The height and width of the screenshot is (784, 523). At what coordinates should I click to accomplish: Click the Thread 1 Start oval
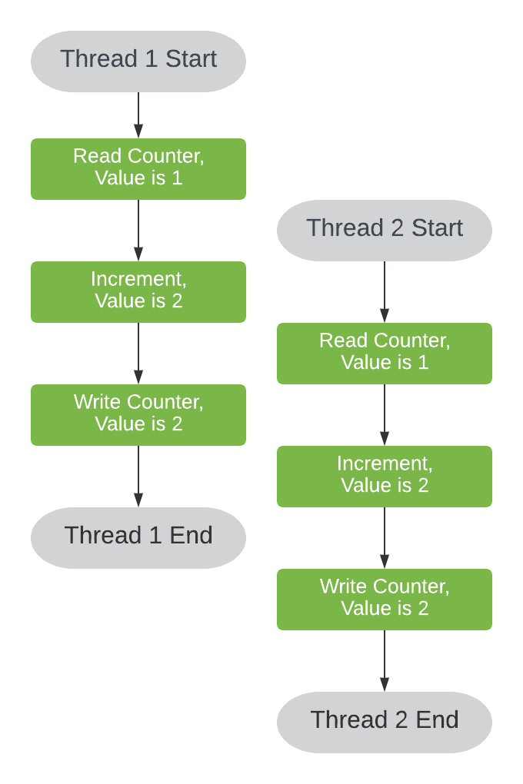point(138,61)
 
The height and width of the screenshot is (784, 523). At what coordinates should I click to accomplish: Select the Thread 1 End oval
point(138,538)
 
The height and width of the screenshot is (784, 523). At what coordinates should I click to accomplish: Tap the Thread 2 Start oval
point(385,231)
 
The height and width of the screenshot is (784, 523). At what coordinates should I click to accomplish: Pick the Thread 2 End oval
point(385,723)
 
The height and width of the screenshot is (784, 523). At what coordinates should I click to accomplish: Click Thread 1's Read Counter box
point(138,169)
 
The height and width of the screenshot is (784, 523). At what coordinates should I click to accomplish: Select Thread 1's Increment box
point(138,292)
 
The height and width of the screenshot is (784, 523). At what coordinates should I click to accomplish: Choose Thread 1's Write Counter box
point(138,415)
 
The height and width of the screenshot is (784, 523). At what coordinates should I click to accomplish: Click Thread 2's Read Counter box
point(385,354)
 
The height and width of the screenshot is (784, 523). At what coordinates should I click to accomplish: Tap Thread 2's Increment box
point(385,477)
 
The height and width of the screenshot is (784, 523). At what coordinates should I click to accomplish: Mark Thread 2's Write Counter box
point(385,600)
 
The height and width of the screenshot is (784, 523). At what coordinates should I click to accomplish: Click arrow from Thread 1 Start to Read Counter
point(138,115)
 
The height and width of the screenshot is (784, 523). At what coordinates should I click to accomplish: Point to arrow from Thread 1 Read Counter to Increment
point(138,231)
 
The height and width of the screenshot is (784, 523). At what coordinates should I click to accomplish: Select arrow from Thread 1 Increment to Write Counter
point(138,354)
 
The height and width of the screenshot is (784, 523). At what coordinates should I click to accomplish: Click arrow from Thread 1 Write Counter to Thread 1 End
point(138,477)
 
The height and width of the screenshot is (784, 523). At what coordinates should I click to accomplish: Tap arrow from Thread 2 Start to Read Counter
point(385,292)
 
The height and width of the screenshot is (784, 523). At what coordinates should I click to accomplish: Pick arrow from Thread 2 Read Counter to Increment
point(385,415)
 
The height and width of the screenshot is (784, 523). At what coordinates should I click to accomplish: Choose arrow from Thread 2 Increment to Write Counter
point(385,538)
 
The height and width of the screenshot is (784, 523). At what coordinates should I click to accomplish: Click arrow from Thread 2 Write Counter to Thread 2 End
point(385,661)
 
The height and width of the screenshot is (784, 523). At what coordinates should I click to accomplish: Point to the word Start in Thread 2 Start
point(437,228)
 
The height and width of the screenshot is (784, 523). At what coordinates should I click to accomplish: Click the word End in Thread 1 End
point(191,536)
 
